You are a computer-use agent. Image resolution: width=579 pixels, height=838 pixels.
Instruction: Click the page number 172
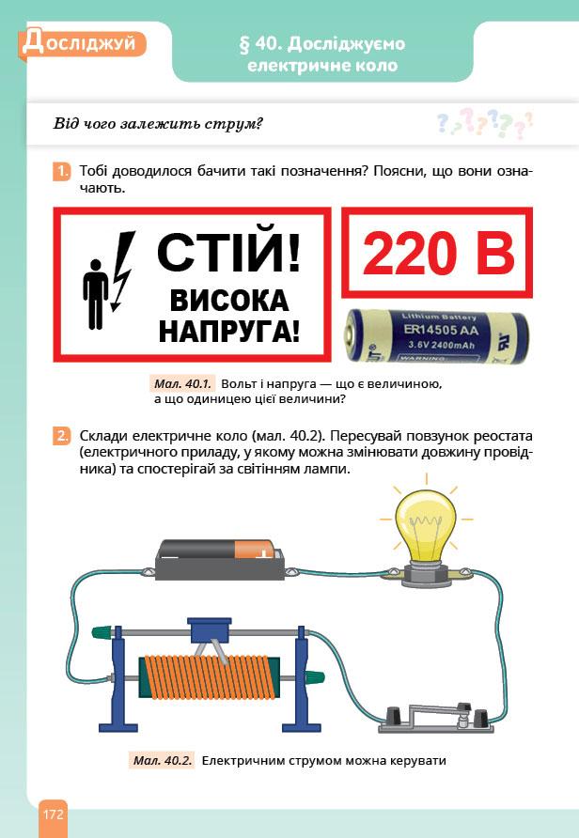click(x=54, y=815)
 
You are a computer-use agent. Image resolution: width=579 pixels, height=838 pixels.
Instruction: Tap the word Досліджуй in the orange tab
click(x=80, y=43)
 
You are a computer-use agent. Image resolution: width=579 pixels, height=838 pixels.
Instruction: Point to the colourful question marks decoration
click(x=484, y=123)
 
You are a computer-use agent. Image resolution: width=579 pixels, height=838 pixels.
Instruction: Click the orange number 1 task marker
click(x=62, y=172)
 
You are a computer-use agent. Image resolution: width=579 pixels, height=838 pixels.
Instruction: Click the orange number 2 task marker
click(x=62, y=436)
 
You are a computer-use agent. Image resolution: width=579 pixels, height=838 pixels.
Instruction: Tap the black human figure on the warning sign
click(x=95, y=294)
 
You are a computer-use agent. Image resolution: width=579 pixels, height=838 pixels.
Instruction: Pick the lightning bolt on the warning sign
click(x=122, y=271)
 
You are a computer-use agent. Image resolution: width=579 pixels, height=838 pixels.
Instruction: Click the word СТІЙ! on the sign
click(x=228, y=253)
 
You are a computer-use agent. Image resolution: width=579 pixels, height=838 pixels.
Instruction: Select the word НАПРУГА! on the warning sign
click(x=229, y=332)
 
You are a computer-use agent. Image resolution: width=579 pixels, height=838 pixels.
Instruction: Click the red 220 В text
click(x=438, y=254)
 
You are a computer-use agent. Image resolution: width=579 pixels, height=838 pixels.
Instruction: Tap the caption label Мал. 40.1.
click(x=183, y=383)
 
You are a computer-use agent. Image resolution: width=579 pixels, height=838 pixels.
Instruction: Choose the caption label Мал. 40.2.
click(x=163, y=761)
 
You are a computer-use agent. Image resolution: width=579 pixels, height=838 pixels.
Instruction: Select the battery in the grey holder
click(x=219, y=550)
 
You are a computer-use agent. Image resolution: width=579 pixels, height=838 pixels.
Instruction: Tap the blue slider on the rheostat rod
click(x=210, y=630)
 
